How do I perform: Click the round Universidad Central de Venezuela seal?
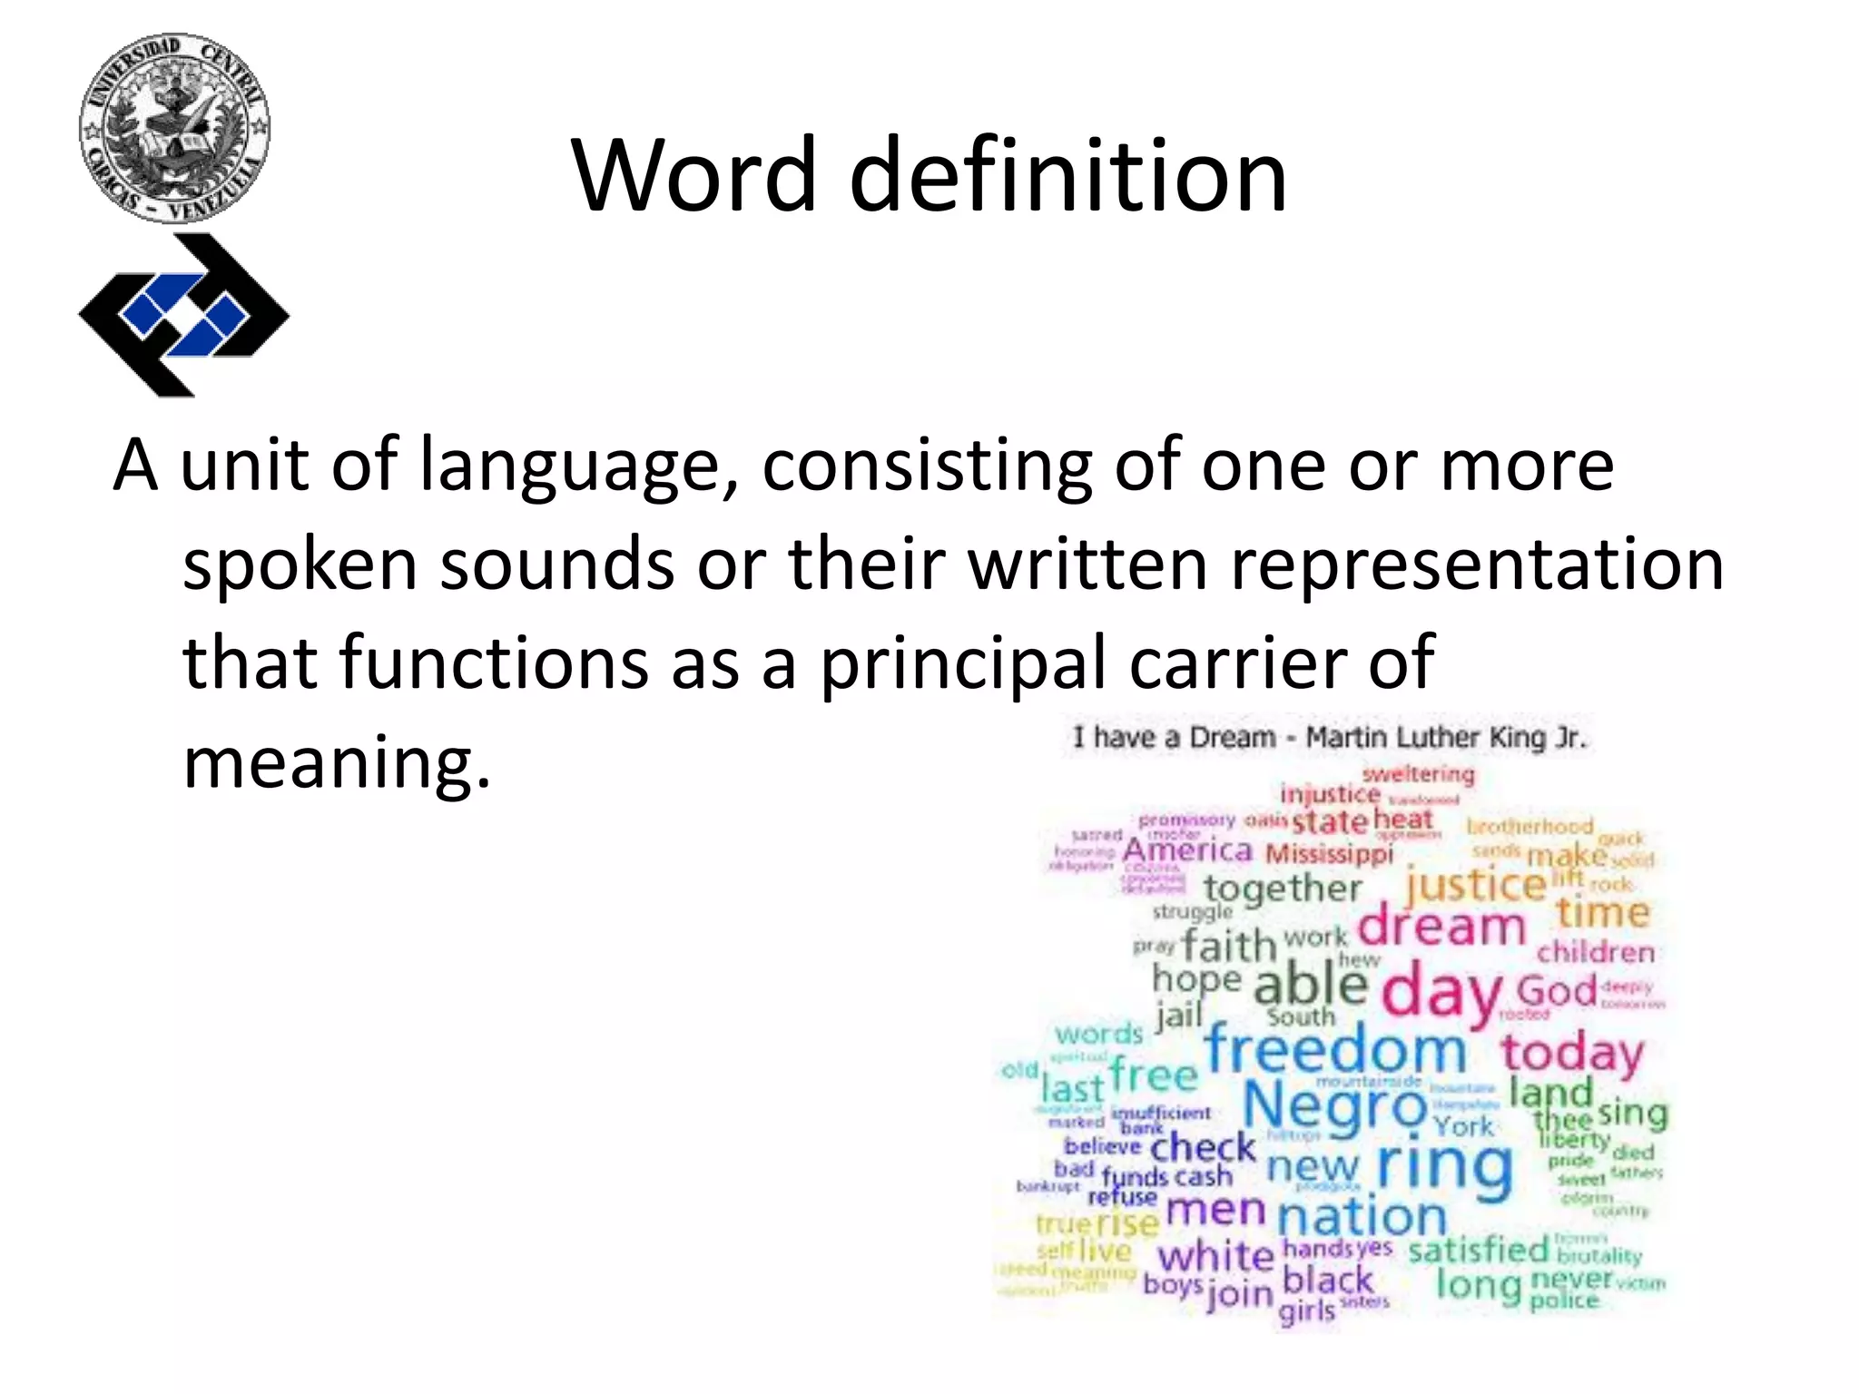174,128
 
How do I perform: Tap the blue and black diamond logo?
184,315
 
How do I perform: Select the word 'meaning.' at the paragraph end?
337,762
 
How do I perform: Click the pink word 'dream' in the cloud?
1441,928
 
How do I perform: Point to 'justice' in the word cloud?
1474,885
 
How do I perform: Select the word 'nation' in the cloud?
1362,1216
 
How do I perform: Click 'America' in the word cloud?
1187,851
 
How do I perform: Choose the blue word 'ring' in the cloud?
1445,1167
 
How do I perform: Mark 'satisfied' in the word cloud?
1478,1251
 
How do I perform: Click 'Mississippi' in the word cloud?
1329,854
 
